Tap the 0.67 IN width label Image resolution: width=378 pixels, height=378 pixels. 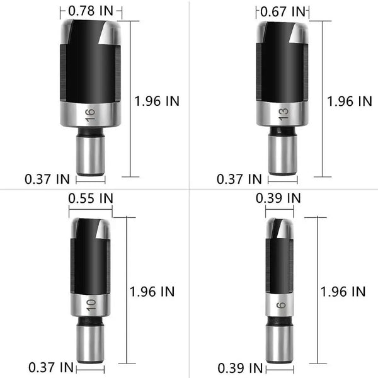click(x=282, y=11)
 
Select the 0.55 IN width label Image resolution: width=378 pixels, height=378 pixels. click(x=91, y=197)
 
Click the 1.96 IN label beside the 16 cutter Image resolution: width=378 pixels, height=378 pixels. click(x=157, y=101)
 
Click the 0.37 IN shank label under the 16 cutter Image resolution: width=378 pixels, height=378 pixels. click(x=47, y=179)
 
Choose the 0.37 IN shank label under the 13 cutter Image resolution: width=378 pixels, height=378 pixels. click(x=239, y=179)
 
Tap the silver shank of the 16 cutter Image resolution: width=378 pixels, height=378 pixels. click(x=91, y=154)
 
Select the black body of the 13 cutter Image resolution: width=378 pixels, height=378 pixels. click(x=282, y=69)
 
